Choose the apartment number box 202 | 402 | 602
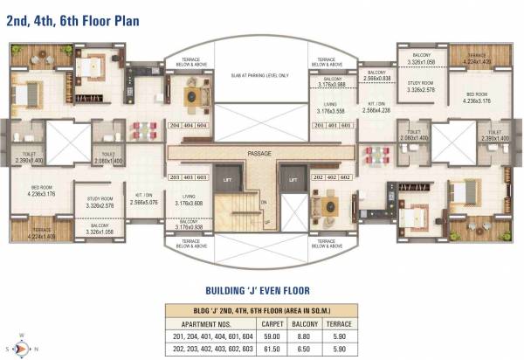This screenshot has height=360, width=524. [333, 177]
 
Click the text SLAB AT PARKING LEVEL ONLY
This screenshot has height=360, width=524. [260, 76]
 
